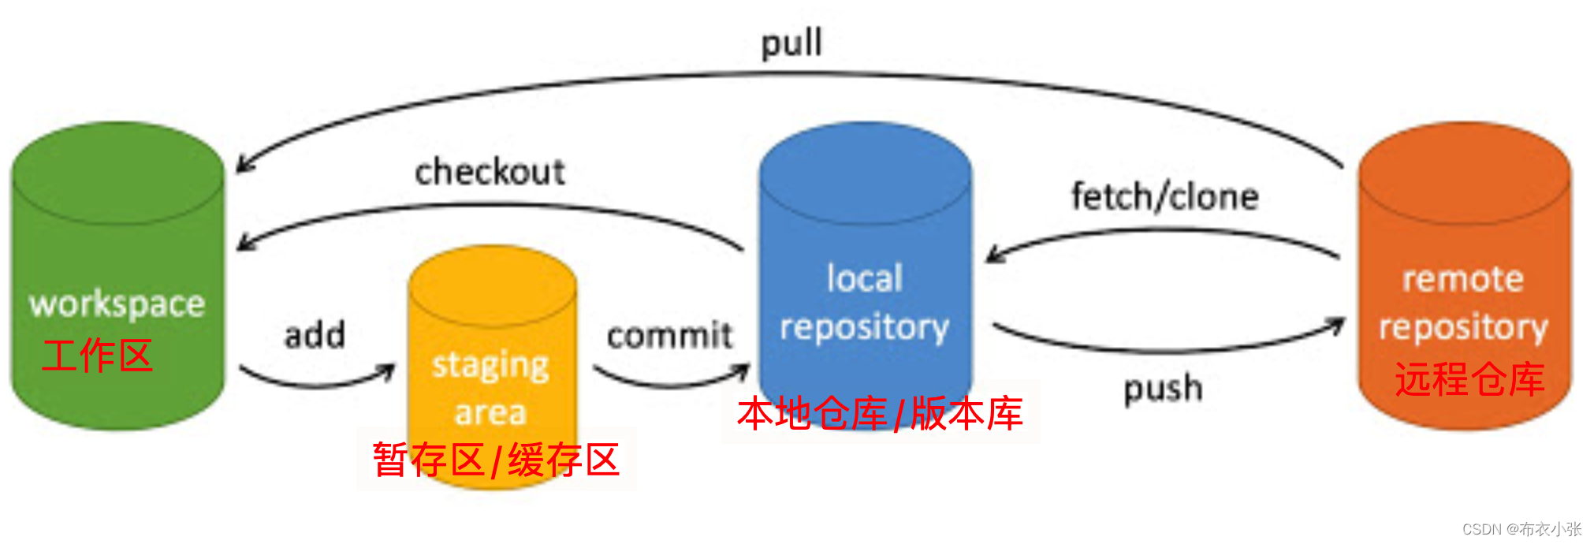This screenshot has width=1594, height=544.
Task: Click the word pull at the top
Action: pos(791,43)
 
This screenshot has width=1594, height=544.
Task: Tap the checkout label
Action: pos(490,172)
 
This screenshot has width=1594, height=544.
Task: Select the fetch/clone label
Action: pos(1165,196)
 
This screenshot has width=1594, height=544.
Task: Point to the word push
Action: pos(1164,389)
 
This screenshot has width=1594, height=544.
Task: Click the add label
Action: pos(315,335)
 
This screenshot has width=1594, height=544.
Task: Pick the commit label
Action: pos(670,335)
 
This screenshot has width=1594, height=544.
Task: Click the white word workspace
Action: pos(117,304)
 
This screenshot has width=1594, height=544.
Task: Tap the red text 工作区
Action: pos(97,355)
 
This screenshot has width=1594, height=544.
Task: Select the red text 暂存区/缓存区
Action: pos(496,460)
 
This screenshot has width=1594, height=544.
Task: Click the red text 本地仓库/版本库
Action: pos(880,413)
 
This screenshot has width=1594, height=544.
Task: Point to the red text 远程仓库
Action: pos(1469,379)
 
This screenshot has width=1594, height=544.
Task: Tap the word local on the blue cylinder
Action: pos(865,278)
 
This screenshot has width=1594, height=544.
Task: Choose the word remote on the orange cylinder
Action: pos(1463,279)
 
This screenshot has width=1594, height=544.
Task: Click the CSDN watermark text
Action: pos(1522,529)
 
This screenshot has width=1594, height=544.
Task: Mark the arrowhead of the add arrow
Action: pos(388,371)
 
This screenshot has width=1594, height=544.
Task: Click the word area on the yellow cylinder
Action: pos(490,412)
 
